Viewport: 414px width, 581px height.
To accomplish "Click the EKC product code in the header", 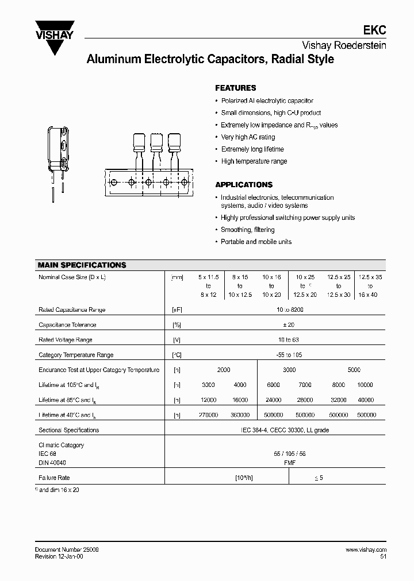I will click(x=377, y=33).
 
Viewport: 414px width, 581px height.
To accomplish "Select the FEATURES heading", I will click(x=235, y=88).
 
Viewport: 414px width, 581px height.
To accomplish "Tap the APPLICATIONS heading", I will click(x=244, y=185).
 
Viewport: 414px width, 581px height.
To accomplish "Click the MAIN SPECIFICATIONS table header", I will click(x=82, y=265).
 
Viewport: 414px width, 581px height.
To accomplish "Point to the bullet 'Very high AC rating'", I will click(x=248, y=137).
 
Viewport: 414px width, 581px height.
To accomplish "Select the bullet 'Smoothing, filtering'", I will click(x=248, y=230).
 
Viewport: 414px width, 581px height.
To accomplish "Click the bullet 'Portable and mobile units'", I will click(x=256, y=242).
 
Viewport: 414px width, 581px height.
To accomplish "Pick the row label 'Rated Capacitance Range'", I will click(x=72, y=309).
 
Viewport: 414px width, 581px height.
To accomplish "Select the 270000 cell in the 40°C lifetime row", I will click(x=208, y=415).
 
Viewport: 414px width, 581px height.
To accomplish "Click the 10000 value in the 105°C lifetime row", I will click(x=365, y=385).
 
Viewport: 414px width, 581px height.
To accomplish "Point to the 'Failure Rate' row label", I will click(x=54, y=478).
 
